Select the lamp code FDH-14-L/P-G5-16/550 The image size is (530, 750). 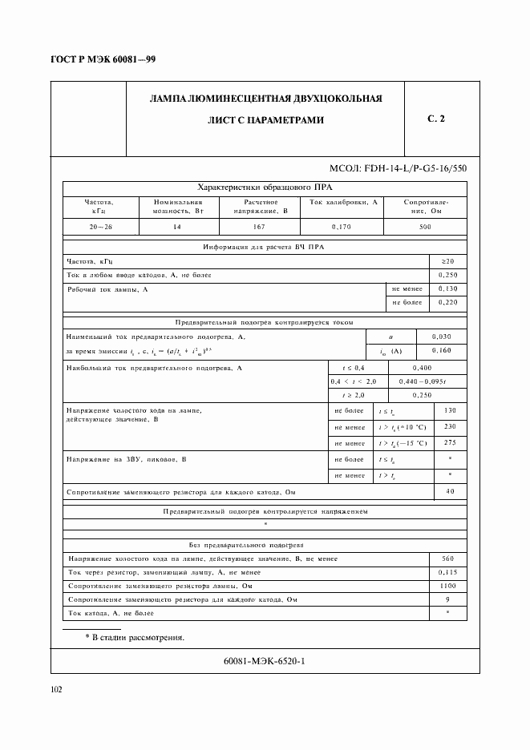pos(398,168)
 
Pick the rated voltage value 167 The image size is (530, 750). pos(260,227)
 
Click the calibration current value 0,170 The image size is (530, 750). pos(341,227)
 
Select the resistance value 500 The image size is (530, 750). pos(424,227)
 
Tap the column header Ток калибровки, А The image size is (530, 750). pos(341,203)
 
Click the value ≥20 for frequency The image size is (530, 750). pos(447,261)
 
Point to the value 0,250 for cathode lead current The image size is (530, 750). pos(447,274)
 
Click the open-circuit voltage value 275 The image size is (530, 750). pos(449,442)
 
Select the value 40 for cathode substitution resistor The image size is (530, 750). pos(449,491)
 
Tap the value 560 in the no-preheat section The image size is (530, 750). pos(447,558)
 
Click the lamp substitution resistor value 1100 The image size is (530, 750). pos(447,586)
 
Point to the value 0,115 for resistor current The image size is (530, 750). pos(447,572)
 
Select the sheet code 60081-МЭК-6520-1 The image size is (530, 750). pos(265,661)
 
